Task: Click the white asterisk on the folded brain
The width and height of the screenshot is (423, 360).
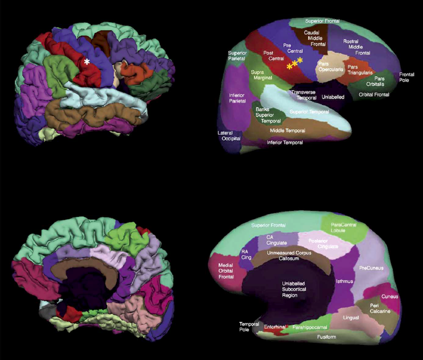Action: point(87,63)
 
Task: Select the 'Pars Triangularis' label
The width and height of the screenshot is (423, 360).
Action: point(360,70)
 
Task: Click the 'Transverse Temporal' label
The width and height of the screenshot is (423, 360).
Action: point(303,95)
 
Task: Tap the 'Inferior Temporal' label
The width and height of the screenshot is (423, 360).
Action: point(285,142)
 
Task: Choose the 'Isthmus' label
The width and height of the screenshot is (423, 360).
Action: point(345,281)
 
